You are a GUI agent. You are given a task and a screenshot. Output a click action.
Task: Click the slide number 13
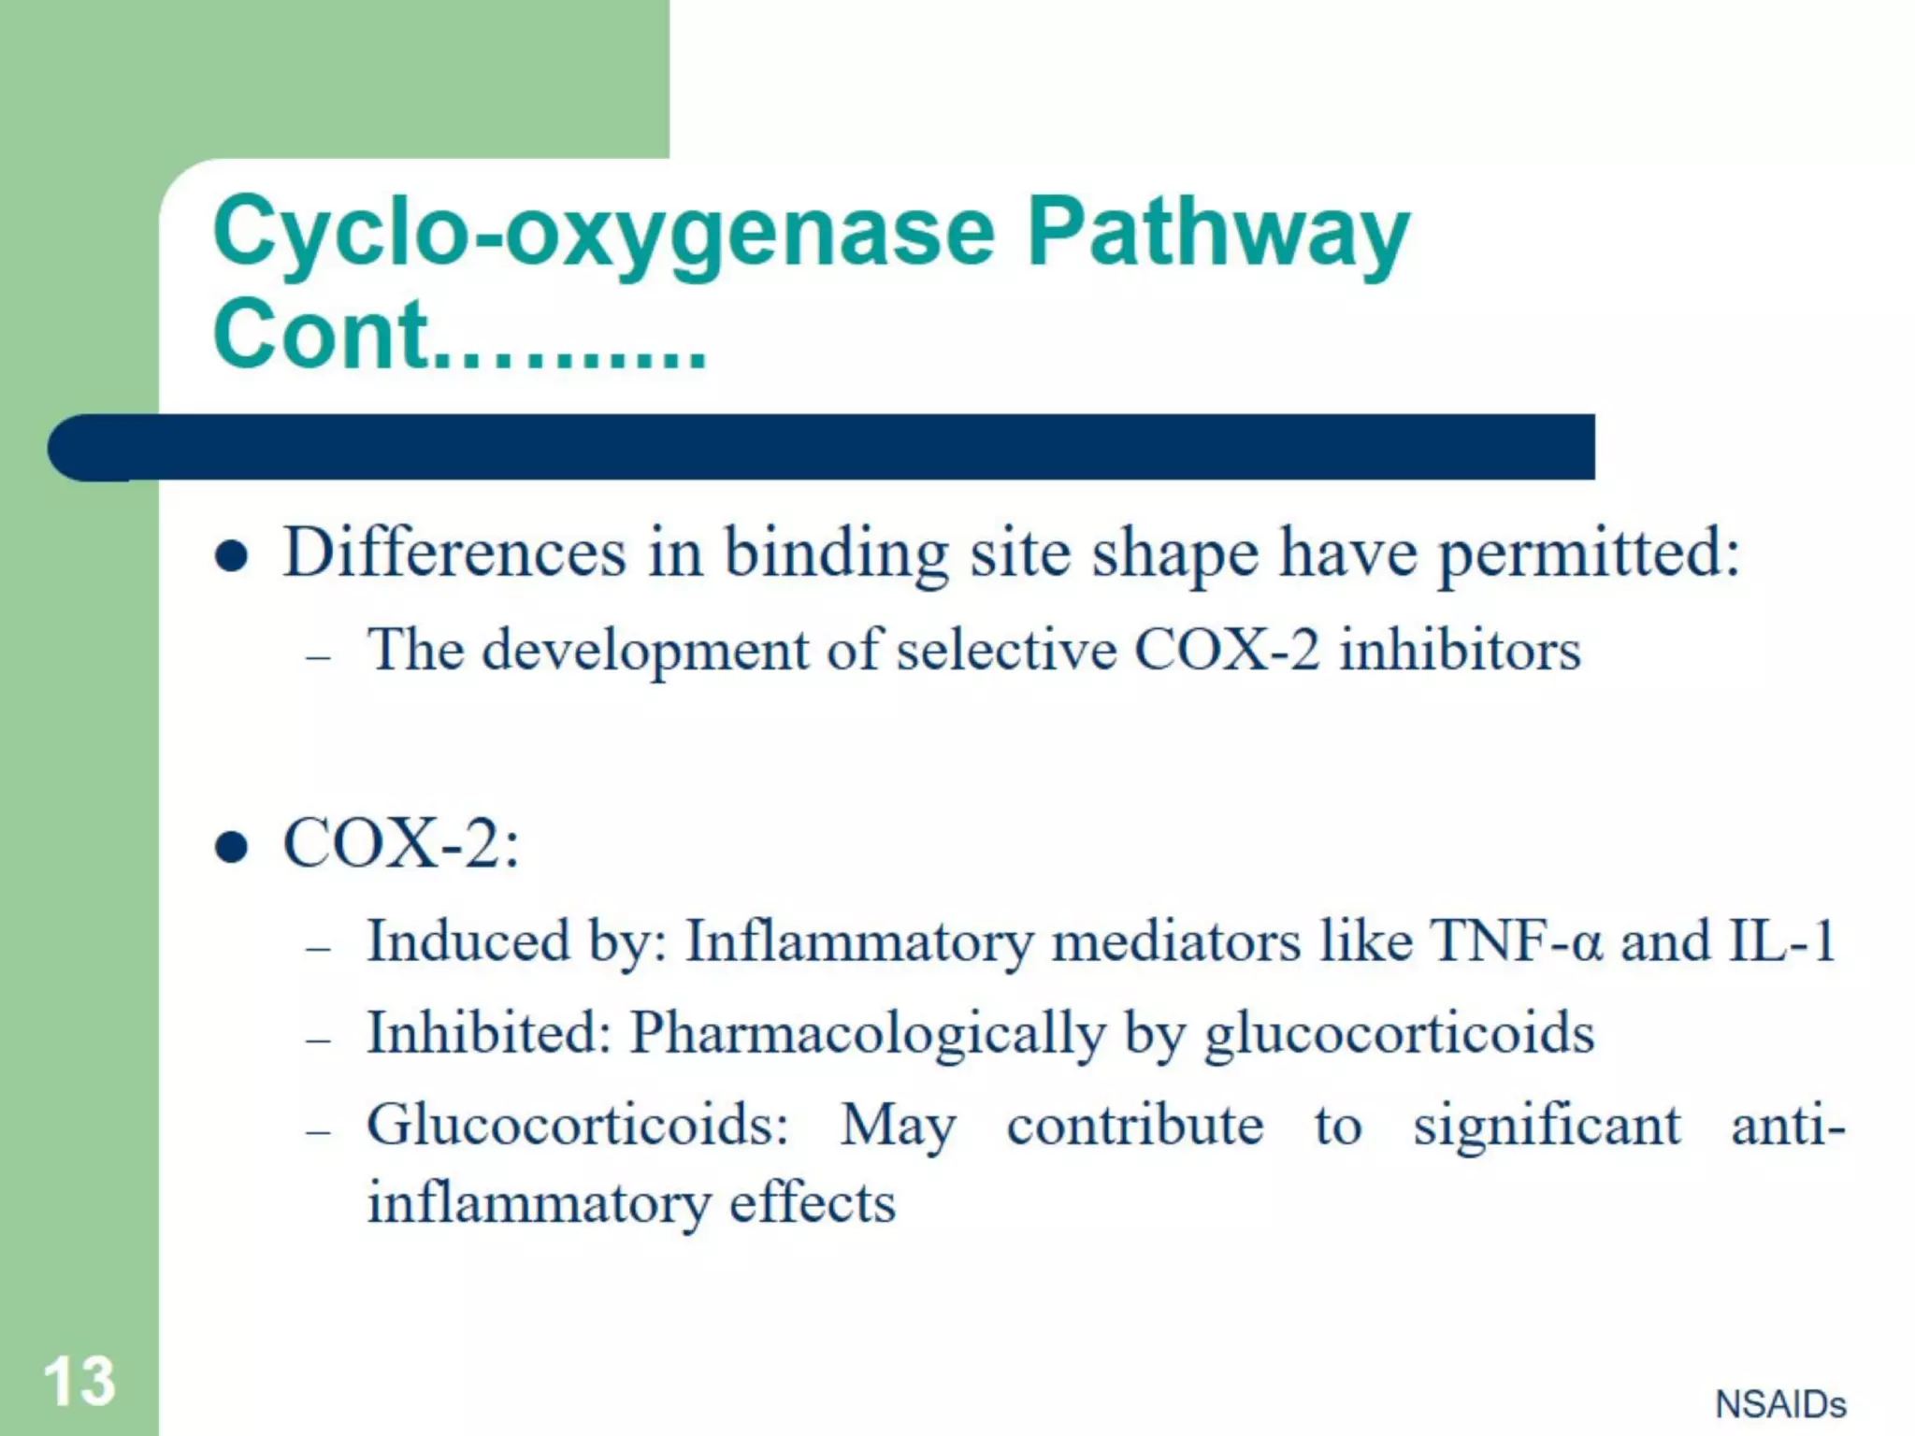(x=79, y=1381)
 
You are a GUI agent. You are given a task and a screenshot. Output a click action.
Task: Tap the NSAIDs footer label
(x=1779, y=1404)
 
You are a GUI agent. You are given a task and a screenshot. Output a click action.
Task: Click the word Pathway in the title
(x=1217, y=234)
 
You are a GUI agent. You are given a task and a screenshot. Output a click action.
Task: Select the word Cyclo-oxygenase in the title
(x=603, y=234)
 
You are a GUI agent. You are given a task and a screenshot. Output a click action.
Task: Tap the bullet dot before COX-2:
(x=231, y=848)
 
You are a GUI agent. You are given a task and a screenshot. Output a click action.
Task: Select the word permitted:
(x=1589, y=553)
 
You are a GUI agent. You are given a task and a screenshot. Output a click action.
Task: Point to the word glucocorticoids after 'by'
(x=1399, y=1034)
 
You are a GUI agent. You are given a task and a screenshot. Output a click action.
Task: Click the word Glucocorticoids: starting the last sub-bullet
(x=578, y=1125)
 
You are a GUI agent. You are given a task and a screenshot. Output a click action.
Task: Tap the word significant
(x=1547, y=1125)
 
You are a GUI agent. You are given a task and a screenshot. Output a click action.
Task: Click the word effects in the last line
(x=812, y=1203)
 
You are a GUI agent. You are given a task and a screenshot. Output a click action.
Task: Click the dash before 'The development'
(x=319, y=658)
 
